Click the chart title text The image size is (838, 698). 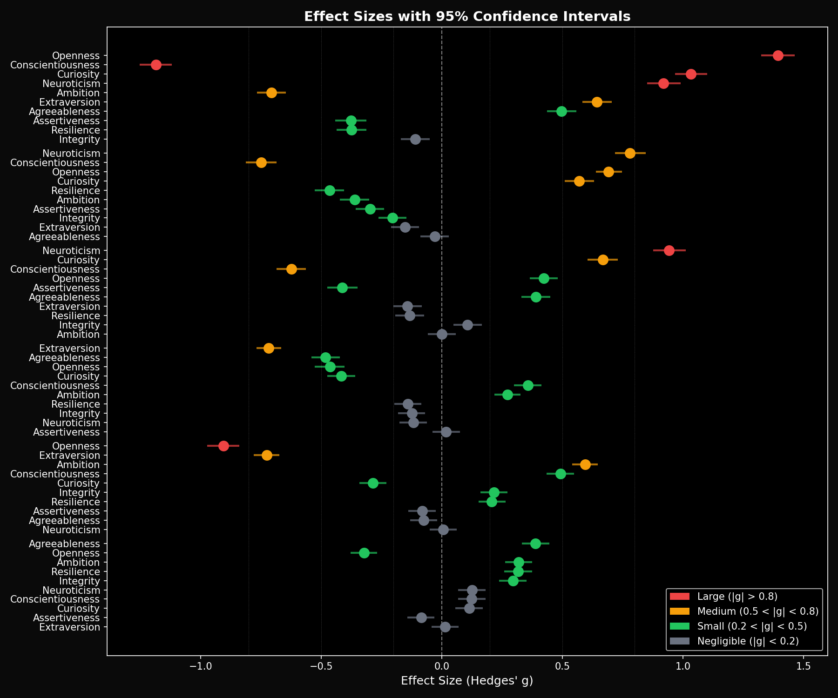[x=467, y=17]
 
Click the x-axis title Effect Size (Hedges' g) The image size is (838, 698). [x=467, y=681]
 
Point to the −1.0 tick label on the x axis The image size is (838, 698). [x=200, y=667]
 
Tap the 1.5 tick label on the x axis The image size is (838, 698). [x=804, y=667]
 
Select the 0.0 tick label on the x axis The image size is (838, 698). [x=441, y=667]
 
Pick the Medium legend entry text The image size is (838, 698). [x=757, y=611]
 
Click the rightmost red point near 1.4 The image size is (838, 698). [x=778, y=55]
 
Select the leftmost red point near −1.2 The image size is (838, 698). [x=156, y=65]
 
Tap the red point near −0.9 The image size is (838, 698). [x=223, y=446]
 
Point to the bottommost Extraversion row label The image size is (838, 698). [x=69, y=627]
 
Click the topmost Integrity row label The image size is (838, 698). [x=80, y=139]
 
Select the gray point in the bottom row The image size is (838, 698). [x=445, y=627]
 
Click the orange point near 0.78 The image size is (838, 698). [x=630, y=153]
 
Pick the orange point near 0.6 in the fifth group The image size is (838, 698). [x=585, y=464]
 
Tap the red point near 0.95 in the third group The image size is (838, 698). [x=669, y=250]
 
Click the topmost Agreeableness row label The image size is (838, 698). [x=64, y=111]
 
